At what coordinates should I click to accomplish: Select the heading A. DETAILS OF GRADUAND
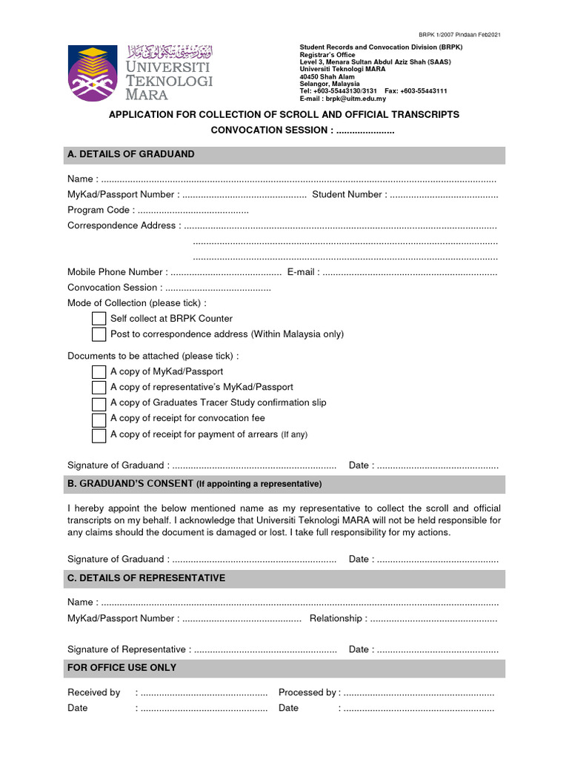(131, 154)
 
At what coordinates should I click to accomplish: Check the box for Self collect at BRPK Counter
(99, 319)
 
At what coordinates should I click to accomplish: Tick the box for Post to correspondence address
(99, 334)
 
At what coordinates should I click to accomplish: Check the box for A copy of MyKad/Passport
(99, 372)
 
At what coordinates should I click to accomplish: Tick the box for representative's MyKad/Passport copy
(99, 388)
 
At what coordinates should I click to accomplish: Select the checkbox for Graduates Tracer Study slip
(99, 404)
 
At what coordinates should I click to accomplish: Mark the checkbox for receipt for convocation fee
(99, 420)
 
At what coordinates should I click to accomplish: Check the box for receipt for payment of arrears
(99, 435)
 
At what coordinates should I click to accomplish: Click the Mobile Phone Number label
(116, 272)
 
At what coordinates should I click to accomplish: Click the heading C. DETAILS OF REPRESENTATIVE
(147, 577)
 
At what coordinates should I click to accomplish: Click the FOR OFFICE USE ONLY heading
(122, 667)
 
